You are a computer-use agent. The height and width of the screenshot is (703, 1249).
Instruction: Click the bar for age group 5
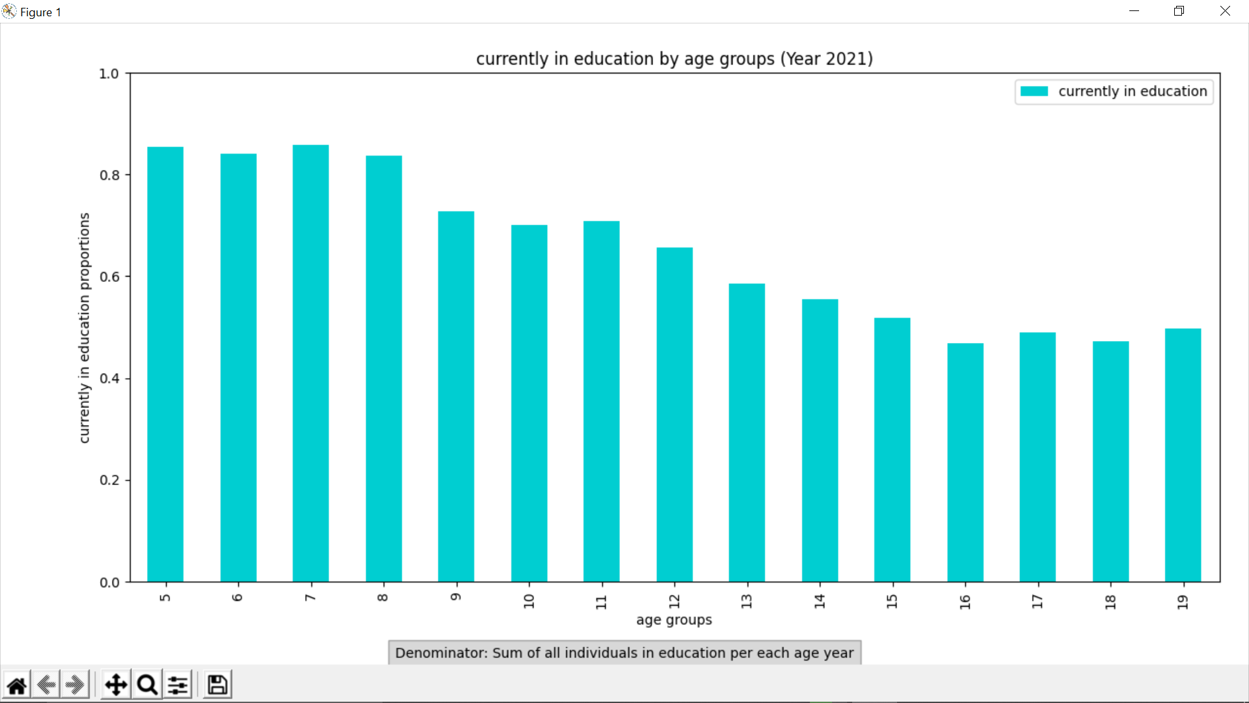tap(165, 365)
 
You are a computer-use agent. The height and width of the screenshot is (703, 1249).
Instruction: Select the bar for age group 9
tap(456, 397)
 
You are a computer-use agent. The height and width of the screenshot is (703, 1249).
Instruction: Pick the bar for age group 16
tap(965, 462)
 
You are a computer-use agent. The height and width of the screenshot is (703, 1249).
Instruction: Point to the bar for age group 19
tap(1183, 456)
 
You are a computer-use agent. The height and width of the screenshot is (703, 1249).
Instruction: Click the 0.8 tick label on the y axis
tap(109, 175)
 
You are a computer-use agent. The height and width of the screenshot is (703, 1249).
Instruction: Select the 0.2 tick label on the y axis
tap(109, 480)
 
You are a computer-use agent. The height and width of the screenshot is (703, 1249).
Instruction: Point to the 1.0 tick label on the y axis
tap(109, 74)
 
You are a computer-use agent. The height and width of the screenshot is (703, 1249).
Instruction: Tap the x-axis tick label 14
tap(820, 601)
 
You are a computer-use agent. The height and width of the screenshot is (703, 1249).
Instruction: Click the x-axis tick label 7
tap(311, 597)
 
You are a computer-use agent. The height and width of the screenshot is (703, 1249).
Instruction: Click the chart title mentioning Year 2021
tap(674, 59)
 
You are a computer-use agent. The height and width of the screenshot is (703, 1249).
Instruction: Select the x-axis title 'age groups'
tap(674, 620)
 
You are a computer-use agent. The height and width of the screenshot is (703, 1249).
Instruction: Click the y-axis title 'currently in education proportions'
tap(85, 328)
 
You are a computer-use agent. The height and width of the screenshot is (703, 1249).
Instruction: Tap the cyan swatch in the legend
tap(1034, 91)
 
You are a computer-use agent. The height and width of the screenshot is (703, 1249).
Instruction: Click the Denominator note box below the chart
tap(624, 653)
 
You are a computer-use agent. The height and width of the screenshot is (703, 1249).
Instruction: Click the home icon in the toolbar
tap(17, 685)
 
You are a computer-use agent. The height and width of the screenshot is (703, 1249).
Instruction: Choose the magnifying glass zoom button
tap(148, 685)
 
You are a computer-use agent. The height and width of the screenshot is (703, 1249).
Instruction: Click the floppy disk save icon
tap(217, 685)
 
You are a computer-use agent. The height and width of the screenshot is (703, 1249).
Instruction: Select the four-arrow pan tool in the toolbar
tap(116, 685)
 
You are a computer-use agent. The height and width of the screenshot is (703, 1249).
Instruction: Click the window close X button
tap(1225, 11)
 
